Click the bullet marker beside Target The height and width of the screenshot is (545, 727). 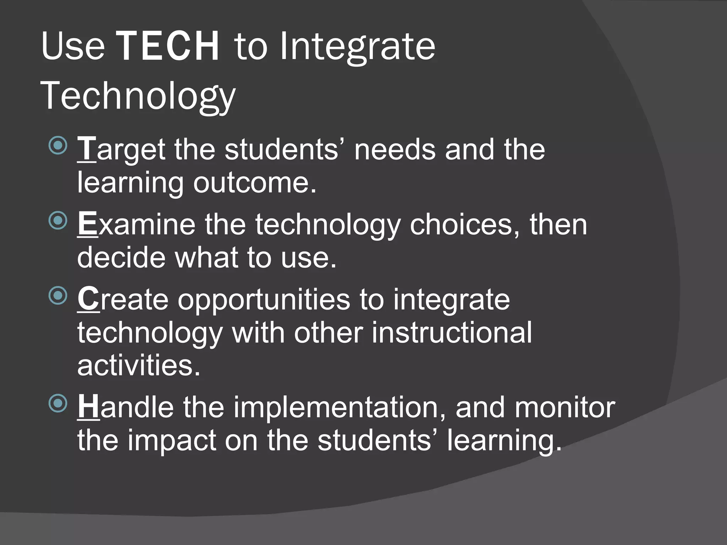pyautogui.click(x=58, y=145)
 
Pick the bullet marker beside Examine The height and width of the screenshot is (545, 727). pyautogui.click(x=58, y=220)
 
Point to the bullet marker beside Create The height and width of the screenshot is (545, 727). pyautogui.click(x=58, y=296)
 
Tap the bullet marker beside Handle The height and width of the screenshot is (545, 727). pyautogui.click(x=58, y=403)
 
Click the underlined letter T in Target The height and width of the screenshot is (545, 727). pyautogui.click(x=87, y=149)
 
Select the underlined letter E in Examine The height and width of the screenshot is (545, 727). pyautogui.click(x=87, y=224)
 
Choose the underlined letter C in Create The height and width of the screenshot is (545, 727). pyautogui.click(x=88, y=299)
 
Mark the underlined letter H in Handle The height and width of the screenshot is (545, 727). pyautogui.click(x=89, y=407)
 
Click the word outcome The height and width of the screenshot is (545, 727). pyautogui.click(x=255, y=183)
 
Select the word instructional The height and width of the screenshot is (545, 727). pyautogui.click(x=452, y=333)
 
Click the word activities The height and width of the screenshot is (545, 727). pyautogui.click(x=139, y=365)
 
